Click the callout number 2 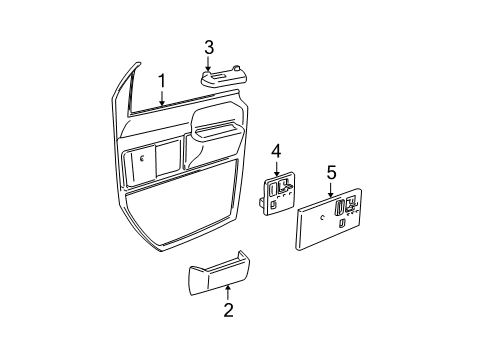(228, 339)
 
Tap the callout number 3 (208, 47)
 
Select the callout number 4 (276, 150)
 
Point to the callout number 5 (331, 173)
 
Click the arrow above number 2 (228, 318)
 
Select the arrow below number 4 (276, 168)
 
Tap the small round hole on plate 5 (321, 216)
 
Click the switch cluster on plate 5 (343, 208)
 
